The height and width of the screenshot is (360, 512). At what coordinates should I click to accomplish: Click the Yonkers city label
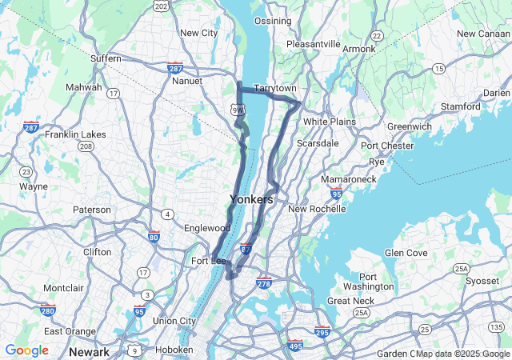[x=251, y=199]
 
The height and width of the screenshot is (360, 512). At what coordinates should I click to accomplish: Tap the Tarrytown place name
[x=275, y=88]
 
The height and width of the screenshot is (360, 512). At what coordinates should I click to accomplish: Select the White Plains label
[x=329, y=122]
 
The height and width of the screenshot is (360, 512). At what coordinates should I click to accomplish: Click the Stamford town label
[x=460, y=106]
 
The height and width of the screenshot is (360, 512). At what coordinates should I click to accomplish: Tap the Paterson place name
[x=92, y=210]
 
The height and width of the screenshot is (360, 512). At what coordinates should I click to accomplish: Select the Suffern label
[x=106, y=58]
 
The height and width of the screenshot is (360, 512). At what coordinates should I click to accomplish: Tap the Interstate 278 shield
[x=265, y=283]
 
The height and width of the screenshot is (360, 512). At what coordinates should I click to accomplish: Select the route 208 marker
[x=86, y=146]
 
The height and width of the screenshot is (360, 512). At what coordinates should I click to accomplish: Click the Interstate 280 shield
[x=47, y=310]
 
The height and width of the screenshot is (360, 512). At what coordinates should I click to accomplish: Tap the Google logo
[x=26, y=350]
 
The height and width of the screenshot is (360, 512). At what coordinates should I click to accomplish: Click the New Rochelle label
[x=316, y=210]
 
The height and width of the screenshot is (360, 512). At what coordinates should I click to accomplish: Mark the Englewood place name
[x=206, y=228]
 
